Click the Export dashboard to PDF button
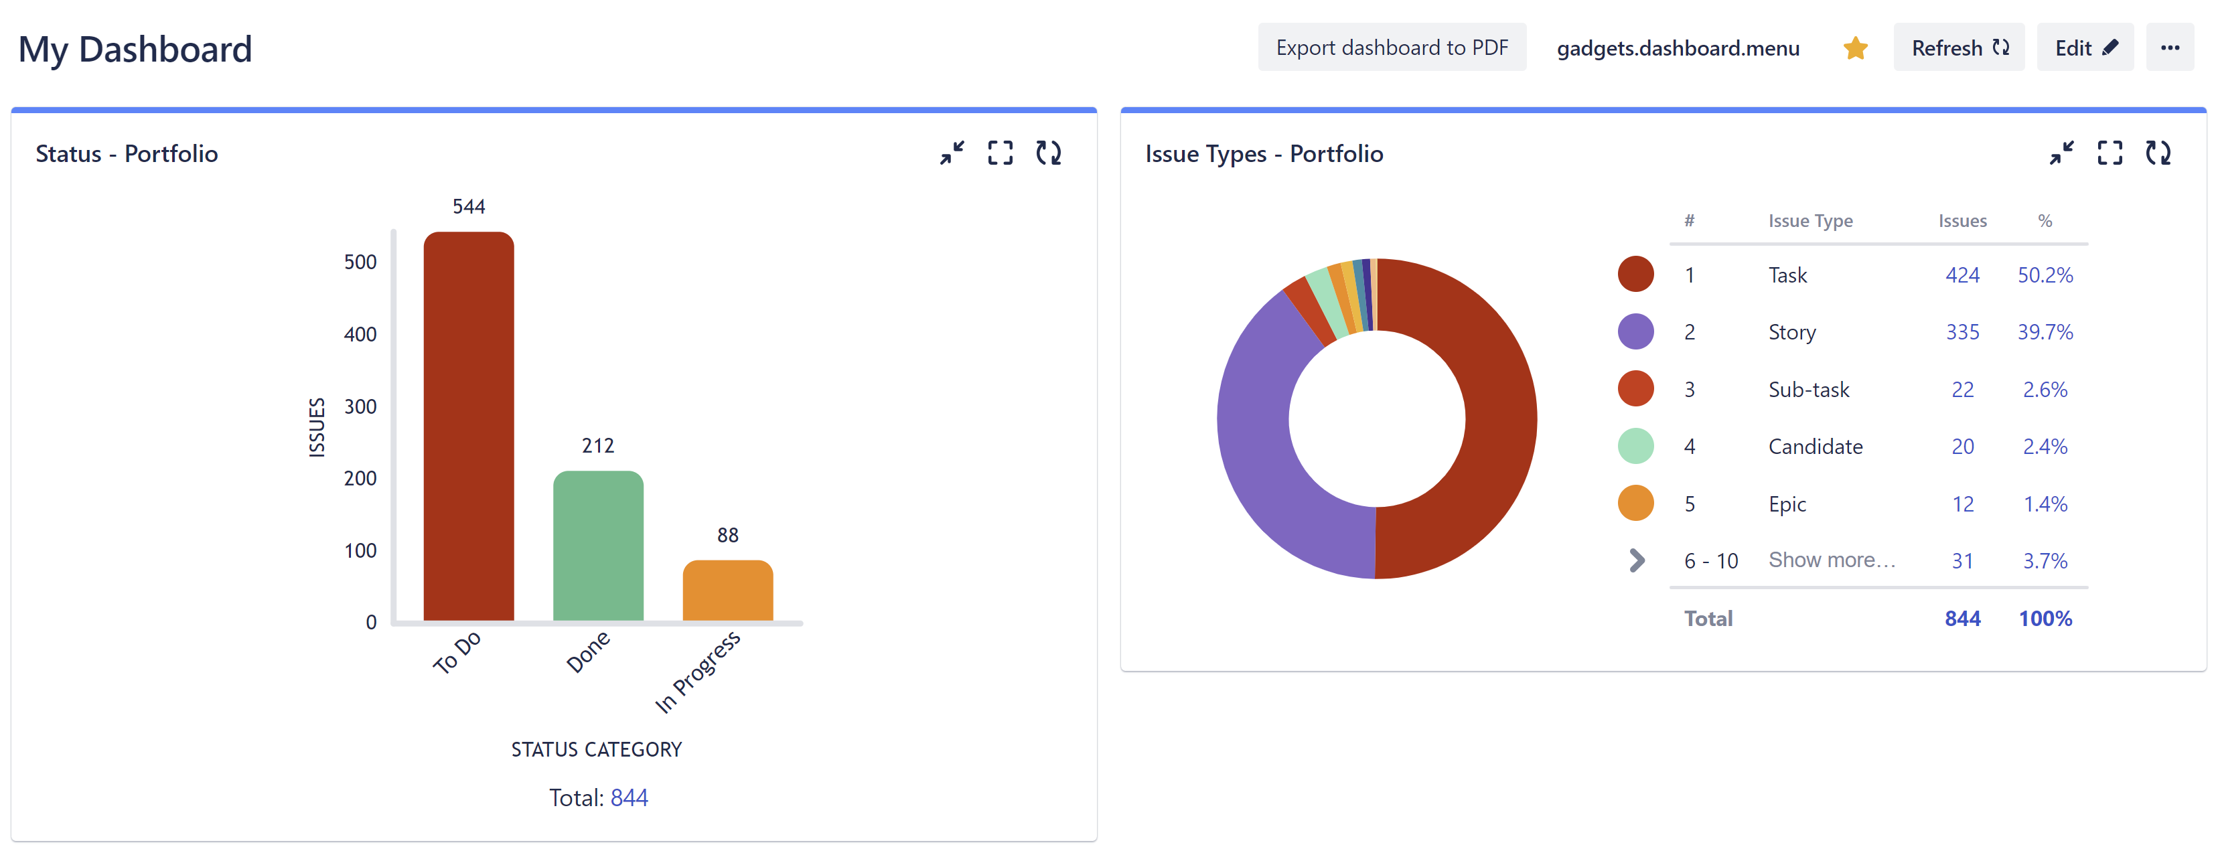pyautogui.click(x=1391, y=48)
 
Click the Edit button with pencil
pyautogui.click(x=2084, y=48)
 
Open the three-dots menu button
pyautogui.click(x=2170, y=48)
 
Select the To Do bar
pyautogui.click(x=468, y=431)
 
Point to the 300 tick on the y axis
pyautogui.click(x=360, y=406)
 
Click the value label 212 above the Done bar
pyautogui.click(x=598, y=446)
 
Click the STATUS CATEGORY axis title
pyautogui.click(x=596, y=749)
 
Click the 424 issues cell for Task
pyautogui.click(x=1962, y=275)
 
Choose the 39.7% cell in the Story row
pyautogui.click(x=2045, y=332)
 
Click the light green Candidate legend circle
pyautogui.click(x=1635, y=447)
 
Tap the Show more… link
pyautogui.click(x=1832, y=560)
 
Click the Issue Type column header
pyautogui.click(x=1810, y=221)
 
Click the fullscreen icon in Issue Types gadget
pyautogui.click(x=2110, y=153)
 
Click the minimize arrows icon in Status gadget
pyautogui.click(x=952, y=153)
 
